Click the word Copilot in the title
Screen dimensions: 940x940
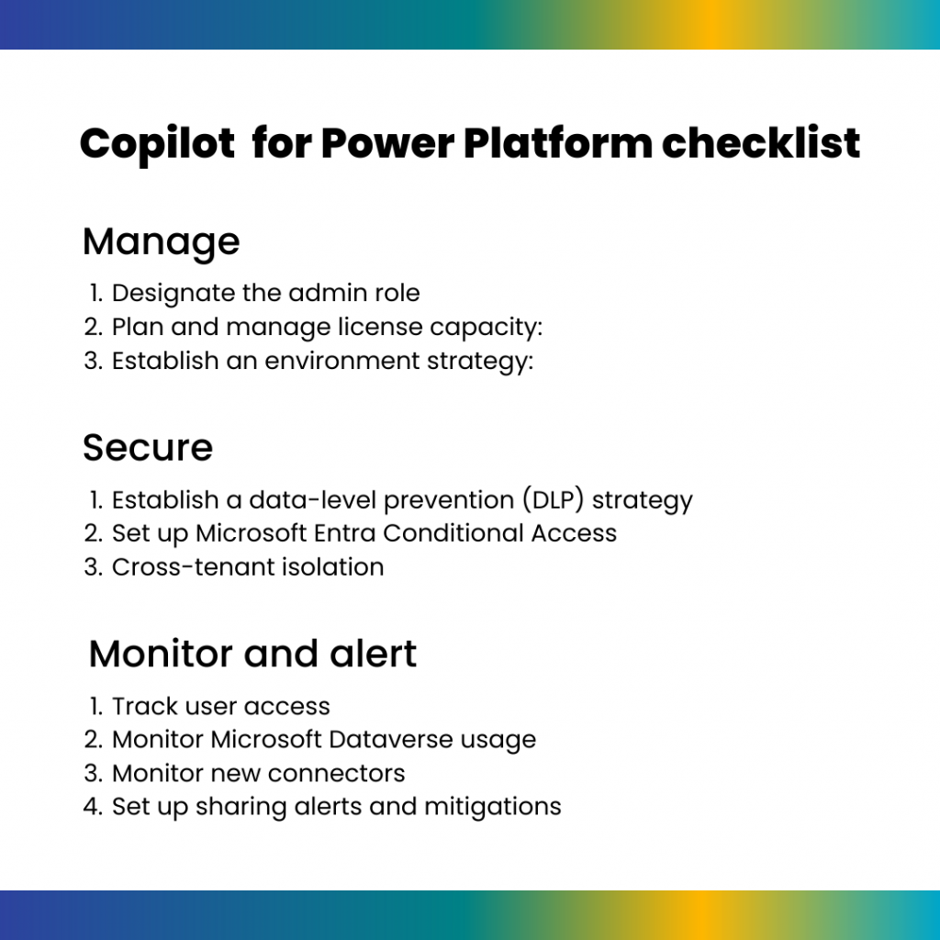click(156, 144)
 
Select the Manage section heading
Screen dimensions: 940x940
click(161, 242)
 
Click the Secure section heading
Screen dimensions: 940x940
click(147, 448)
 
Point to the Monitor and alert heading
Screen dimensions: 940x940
click(252, 655)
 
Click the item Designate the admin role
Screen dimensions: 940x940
click(265, 294)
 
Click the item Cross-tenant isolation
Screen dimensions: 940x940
click(248, 567)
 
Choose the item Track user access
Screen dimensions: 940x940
click(220, 707)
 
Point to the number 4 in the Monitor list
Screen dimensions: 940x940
click(91, 808)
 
